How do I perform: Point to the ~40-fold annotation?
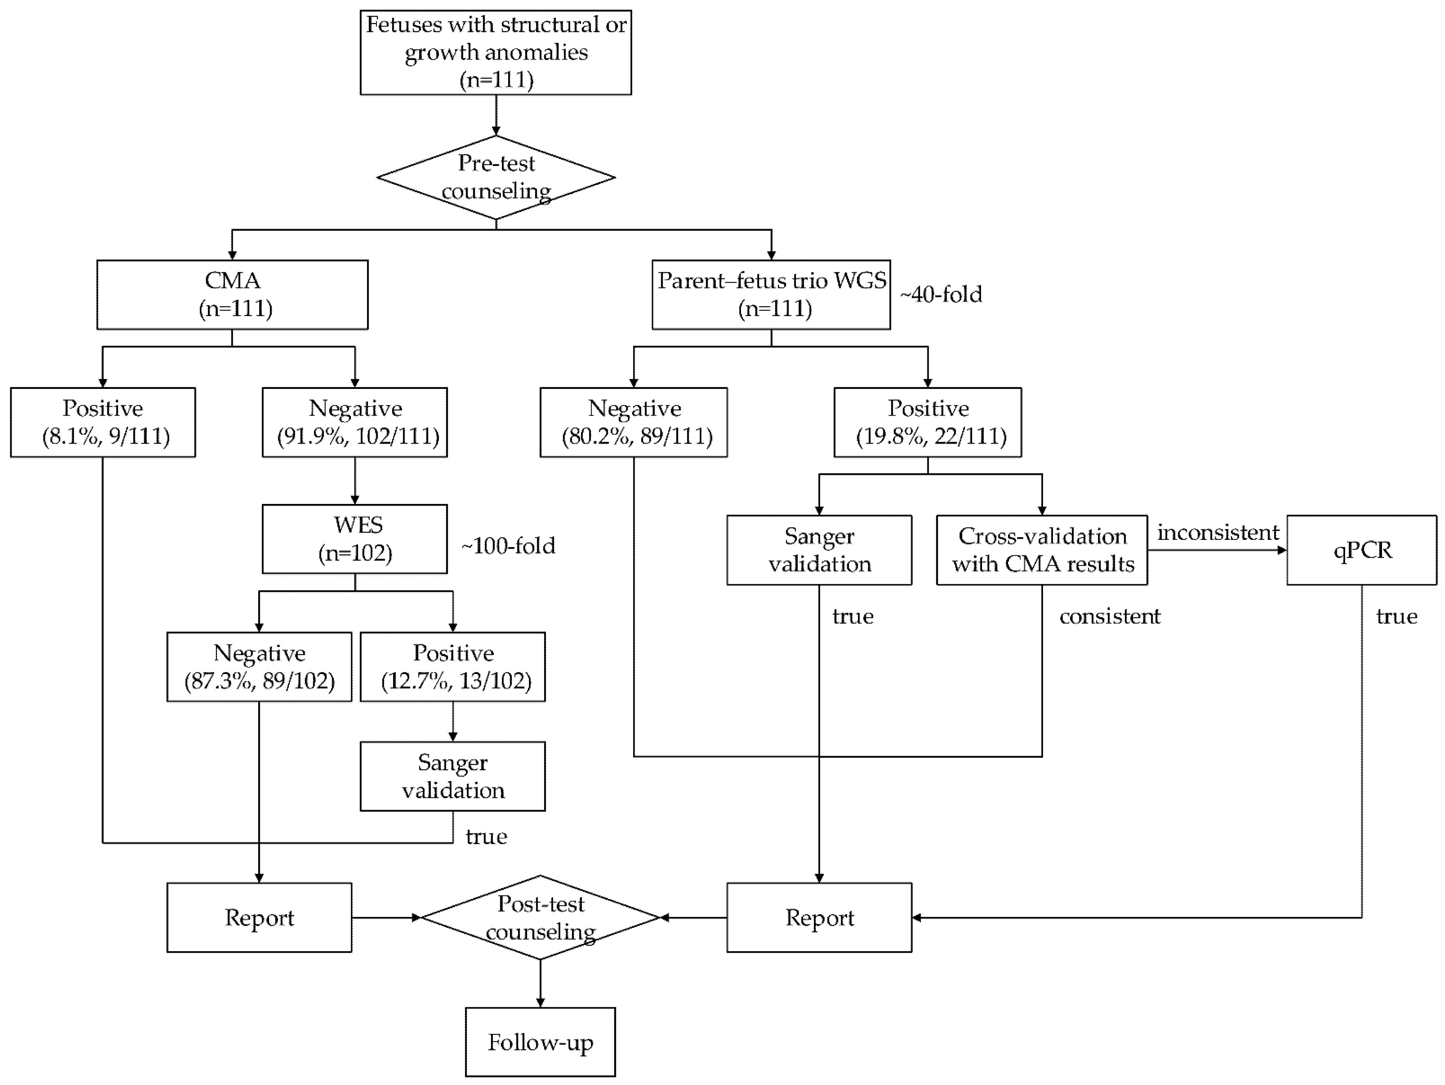tap(941, 294)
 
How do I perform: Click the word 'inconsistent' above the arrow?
tap(1218, 533)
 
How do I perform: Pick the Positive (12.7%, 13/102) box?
tap(453, 666)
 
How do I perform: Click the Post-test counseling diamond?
tap(540, 917)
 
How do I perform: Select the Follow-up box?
tap(540, 1042)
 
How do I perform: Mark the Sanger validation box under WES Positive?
tap(453, 776)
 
